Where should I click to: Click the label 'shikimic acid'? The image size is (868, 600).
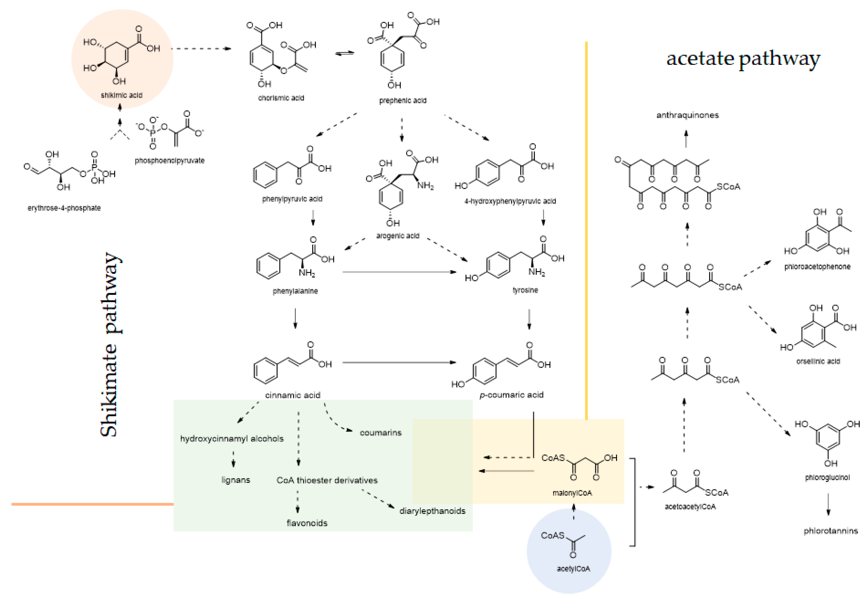[121, 95]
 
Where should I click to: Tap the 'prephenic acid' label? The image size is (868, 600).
[403, 100]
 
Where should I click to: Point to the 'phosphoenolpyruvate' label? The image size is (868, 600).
[169, 161]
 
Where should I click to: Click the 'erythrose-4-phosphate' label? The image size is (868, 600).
[64, 208]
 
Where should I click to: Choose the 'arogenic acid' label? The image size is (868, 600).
[398, 236]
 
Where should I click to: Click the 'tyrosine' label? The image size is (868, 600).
[525, 290]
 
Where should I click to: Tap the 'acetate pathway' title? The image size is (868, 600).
[743, 59]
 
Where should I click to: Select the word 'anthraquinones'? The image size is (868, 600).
[687, 115]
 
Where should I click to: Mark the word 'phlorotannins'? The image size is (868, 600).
[830, 531]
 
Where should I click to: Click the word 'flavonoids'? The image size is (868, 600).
[307, 523]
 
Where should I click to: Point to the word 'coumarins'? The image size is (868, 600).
[380, 433]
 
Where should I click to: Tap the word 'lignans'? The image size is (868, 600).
[236, 480]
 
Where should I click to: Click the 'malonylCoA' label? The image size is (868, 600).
[572, 493]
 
